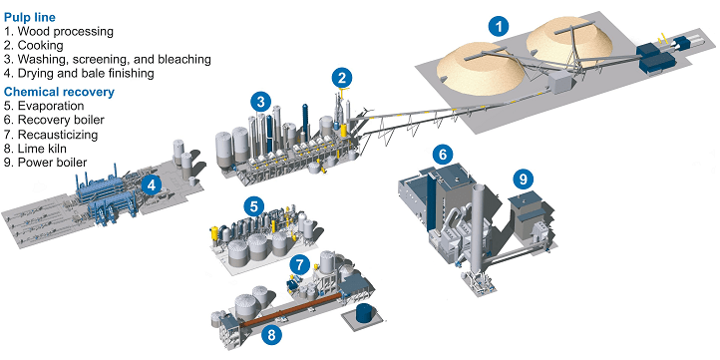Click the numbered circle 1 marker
tap(499, 27)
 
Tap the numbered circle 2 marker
tap(342, 78)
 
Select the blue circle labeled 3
tap(261, 102)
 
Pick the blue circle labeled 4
tap(152, 185)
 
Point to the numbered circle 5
tap(253, 206)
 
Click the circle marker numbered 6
tap(442, 155)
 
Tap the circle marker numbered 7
tap(299, 264)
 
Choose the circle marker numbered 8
tap(271, 335)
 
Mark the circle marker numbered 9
tap(523, 180)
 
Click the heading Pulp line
tap(30, 17)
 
